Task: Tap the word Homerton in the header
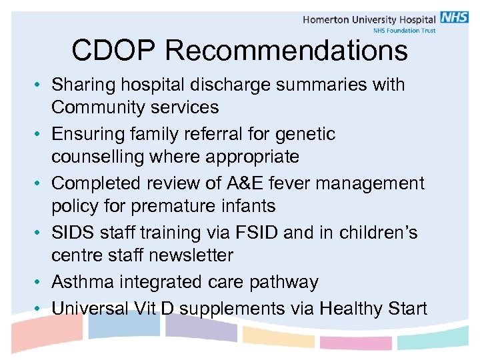327,19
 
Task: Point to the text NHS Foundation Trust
403,31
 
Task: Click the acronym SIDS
71,233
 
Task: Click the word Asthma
83,282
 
